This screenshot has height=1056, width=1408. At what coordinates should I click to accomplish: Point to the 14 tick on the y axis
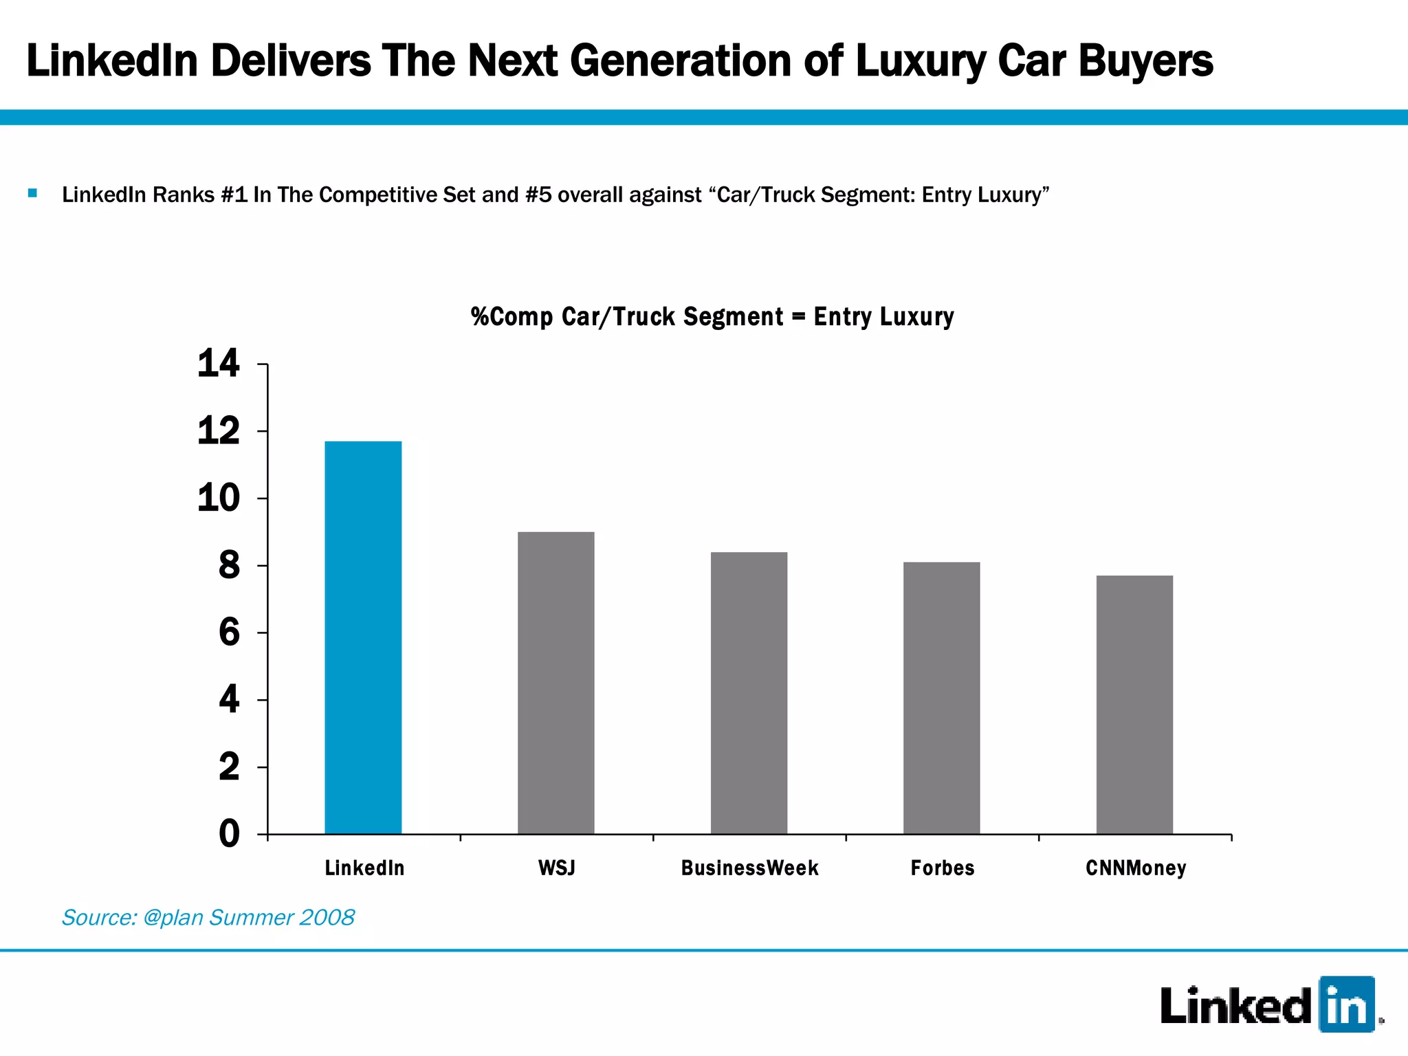[x=219, y=364]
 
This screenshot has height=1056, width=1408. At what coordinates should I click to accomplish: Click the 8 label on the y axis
[x=229, y=566]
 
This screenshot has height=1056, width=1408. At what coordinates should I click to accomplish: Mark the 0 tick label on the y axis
[x=229, y=834]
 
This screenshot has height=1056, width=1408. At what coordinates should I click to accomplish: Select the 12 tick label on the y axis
[x=219, y=432]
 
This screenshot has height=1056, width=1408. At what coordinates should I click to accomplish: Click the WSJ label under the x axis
[x=556, y=868]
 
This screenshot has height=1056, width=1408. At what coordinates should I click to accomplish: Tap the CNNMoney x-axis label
[x=1136, y=868]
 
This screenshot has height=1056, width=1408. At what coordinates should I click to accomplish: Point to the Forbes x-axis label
[x=943, y=868]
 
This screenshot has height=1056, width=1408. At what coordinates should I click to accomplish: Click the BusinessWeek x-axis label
[x=749, y=868]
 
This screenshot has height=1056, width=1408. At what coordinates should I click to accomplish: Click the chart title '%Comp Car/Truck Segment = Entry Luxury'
[x=712, y=317]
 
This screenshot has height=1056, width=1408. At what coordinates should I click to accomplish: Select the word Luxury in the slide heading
[x=921, y=62]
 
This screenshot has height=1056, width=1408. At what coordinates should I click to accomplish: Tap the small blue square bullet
[x=32, y=193]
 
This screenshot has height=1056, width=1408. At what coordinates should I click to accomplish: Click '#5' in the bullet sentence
[x=538, y=195]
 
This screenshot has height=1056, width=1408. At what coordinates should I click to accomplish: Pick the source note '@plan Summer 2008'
[x=248, y=918]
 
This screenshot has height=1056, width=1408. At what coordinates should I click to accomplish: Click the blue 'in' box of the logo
[x=1346, y=1004]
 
